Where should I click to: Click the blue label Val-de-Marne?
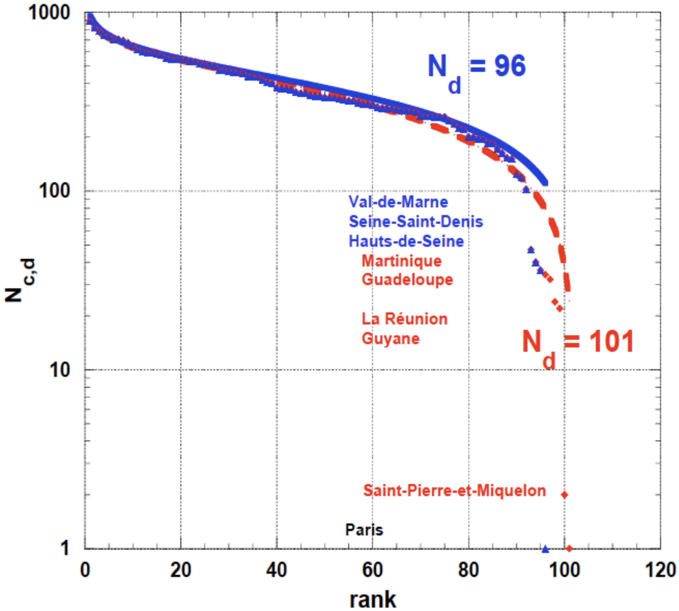coord(398,202)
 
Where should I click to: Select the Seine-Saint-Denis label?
coord(416,222)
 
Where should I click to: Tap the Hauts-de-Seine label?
coord(406,241)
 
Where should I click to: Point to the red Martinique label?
coord(401,261)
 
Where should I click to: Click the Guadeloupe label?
coord(407,280)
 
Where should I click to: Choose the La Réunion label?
coord(405,319)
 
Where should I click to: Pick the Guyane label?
coord(390,338)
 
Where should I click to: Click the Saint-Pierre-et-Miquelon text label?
coord(455,491)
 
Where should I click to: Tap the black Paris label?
coord(364,530)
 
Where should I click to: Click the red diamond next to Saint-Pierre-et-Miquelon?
coord(564,495)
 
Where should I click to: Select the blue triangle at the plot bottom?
coord(545,549)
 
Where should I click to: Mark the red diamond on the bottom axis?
coord(569,549)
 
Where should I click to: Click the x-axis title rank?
coord(373,600)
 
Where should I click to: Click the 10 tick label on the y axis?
coord(60,370)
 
